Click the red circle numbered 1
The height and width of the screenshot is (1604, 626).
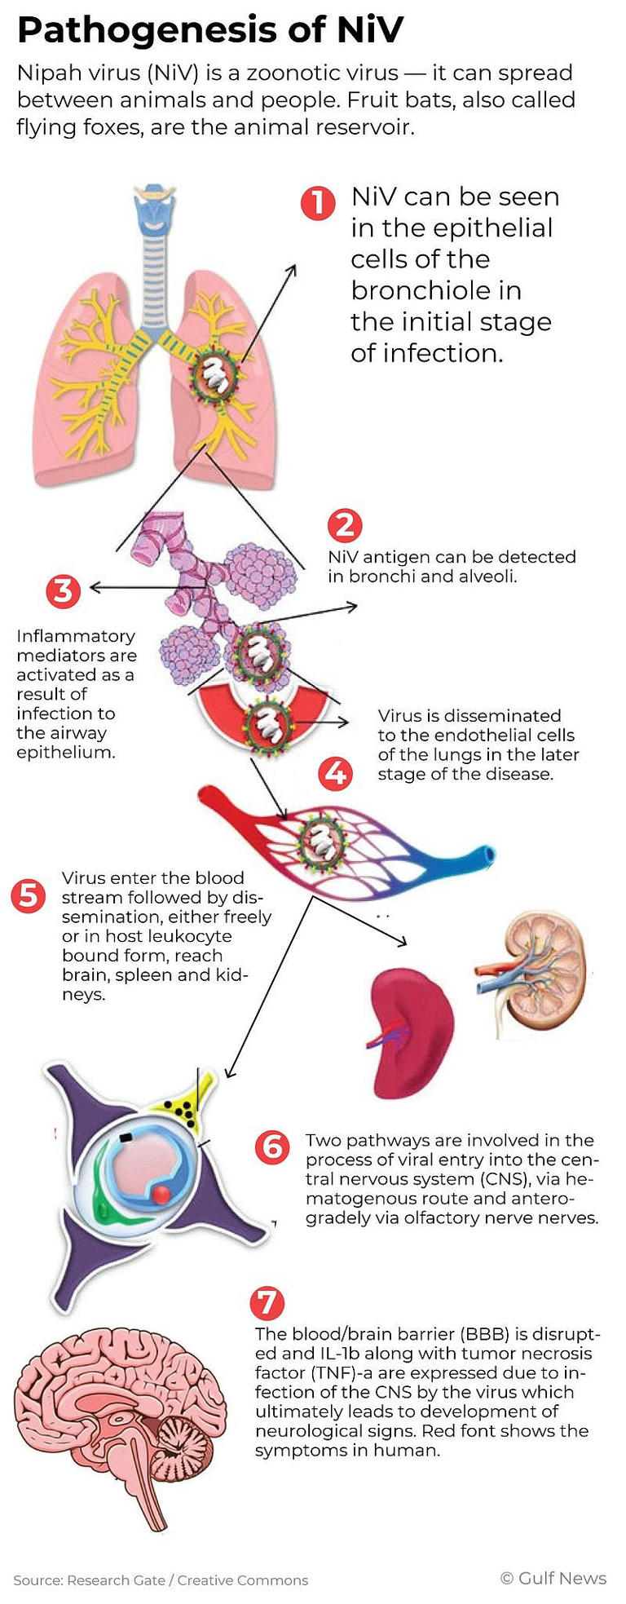(318, 203)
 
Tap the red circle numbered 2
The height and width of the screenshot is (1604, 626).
(345, 524)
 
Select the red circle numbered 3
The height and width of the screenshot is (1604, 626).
(63, 590)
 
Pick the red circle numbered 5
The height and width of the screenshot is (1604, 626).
(29, 895)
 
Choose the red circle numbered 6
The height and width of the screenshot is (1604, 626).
(271, 1147)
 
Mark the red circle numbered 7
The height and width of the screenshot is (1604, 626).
(267, 1302)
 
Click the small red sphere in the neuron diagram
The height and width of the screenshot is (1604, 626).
(161, 1195)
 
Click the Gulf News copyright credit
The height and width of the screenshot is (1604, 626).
(553, 1578)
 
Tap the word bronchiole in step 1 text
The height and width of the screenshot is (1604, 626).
(436, 290)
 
